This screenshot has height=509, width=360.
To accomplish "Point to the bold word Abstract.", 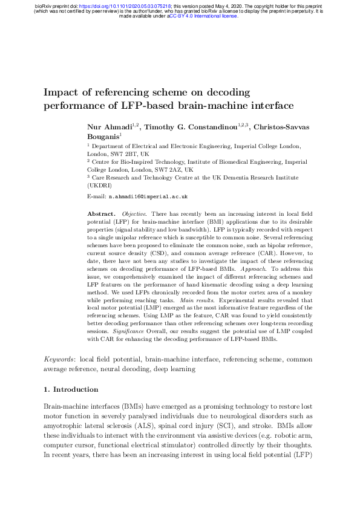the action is point(100,214).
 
